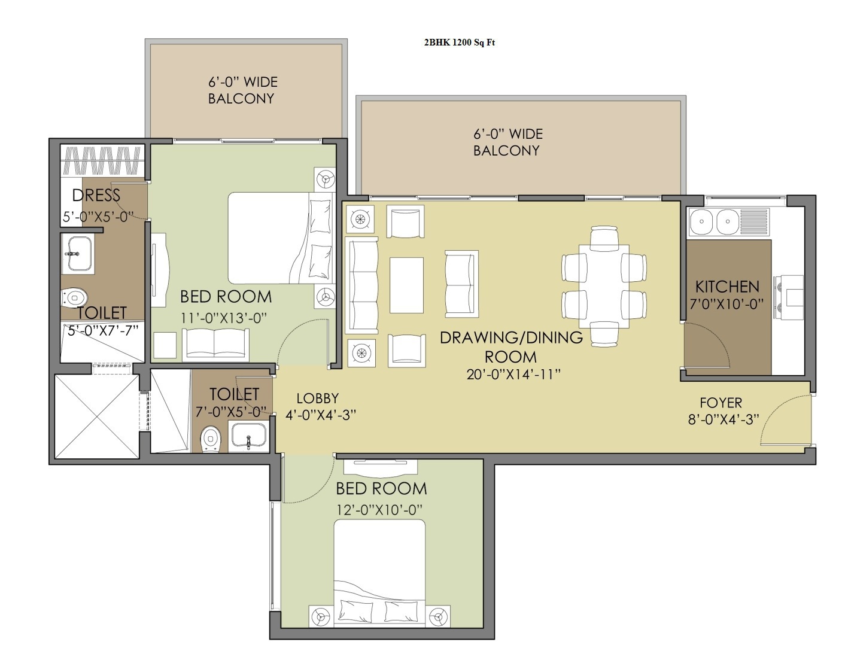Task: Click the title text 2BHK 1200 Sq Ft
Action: (x=460, y=42)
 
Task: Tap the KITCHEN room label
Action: (x=727, y=287)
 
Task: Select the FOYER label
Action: (x=721, y=403)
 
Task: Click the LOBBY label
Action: (x=318, y=398)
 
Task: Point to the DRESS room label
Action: (x=96, y=195)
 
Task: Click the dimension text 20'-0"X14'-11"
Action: (x=513, y=375)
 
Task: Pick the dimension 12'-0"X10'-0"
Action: (x=379, y=510)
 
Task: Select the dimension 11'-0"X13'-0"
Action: (x=223, y=318)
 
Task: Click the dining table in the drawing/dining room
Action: (x=604, y=286)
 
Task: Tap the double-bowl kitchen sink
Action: (x=729, y=221)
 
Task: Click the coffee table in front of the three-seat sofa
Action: (x=406, y=285)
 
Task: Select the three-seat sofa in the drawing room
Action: (x=361, y=285)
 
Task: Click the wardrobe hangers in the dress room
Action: (x=102, y=160)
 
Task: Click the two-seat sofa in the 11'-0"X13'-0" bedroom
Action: (x=216, y=344)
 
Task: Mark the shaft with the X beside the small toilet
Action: (x=97, y=416)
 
